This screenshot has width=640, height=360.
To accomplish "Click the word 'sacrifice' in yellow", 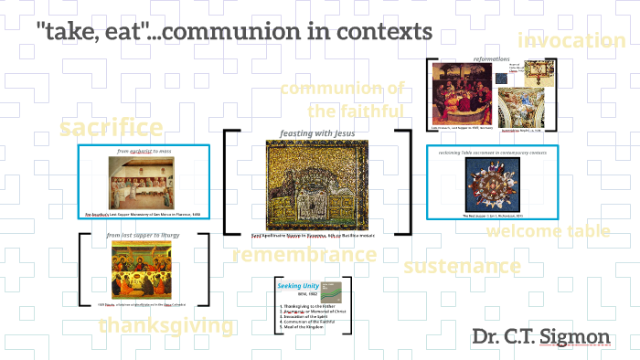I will click(112, 127).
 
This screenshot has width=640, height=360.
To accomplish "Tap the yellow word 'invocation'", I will click(571, 40).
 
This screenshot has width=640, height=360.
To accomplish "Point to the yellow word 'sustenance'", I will click(462, 267).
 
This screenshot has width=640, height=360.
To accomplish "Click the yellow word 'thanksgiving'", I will click(165, 325).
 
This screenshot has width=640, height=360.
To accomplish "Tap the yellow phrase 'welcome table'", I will click(548, 231).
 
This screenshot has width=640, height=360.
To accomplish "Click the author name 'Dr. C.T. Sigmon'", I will click(541, 336).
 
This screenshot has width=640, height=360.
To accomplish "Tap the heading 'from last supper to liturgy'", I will click(144, 236).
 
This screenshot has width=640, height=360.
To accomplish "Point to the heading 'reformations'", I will click(491, 59).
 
